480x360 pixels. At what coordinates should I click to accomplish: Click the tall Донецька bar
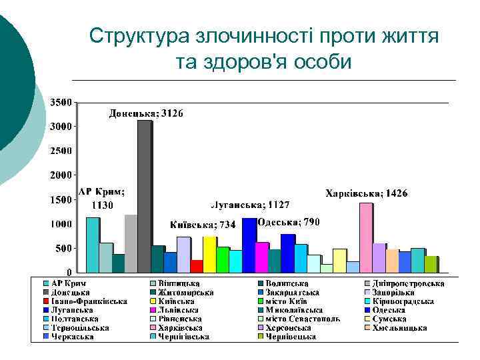(144, 197)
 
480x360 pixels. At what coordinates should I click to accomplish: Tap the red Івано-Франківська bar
(196, 266)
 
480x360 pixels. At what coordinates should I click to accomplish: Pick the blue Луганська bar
(249, 245)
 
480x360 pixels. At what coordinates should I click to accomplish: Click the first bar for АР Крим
(92, 245)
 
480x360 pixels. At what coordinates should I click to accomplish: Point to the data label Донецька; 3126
(146, 113)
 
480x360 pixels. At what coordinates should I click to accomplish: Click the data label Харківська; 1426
(366, 193)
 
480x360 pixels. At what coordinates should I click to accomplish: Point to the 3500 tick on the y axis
(62, 103)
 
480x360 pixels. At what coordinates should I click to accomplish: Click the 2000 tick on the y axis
(62, 175)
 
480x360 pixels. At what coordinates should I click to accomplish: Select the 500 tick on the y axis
(64, 248)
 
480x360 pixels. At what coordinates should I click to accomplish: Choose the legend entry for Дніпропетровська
(407, 283)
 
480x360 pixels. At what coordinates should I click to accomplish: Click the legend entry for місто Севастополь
(303, 319)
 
